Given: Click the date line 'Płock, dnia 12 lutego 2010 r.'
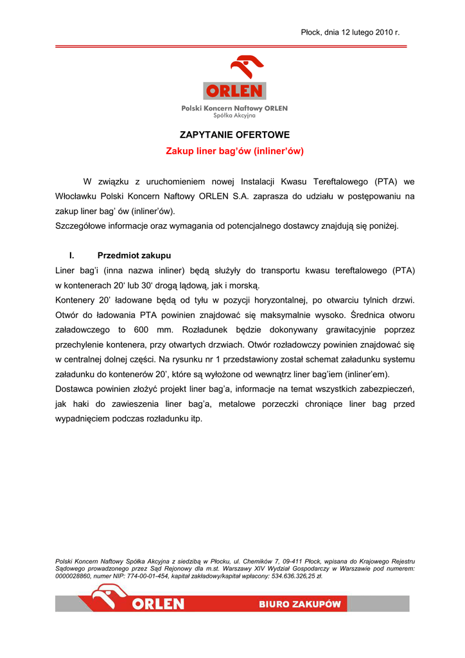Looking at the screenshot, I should click(350, 32).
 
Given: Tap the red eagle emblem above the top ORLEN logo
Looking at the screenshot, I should click(247, 68).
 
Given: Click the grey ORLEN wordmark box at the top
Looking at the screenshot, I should click(234, 91).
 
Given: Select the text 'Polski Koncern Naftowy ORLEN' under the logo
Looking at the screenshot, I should click(234, 109).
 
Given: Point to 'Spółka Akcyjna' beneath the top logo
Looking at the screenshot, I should click(234, 116).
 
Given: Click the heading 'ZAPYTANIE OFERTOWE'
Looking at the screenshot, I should click(234, 135).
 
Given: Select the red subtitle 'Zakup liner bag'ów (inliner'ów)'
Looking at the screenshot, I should click(234, 152).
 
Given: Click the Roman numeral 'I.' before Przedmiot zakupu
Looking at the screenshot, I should click(72, 256).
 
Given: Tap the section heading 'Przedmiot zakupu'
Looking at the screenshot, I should click(134, 256).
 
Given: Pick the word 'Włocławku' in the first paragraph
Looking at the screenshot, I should click(76, 197).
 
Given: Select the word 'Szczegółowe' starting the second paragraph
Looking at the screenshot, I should click(80, 226).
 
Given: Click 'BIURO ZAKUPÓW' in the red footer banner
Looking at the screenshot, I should click(300, 605).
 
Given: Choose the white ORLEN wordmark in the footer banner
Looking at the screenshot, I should click(158, 605).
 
